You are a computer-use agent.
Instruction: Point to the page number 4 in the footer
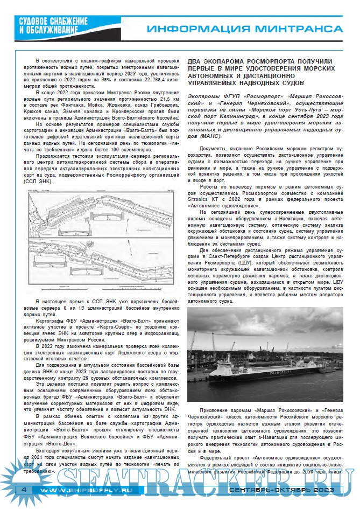[24, 490]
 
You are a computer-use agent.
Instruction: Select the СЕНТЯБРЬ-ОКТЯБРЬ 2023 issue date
[281, 490]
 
